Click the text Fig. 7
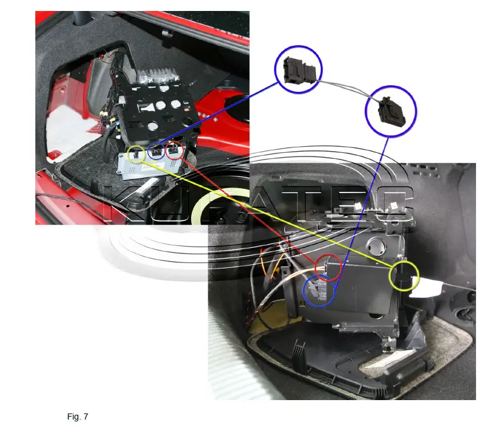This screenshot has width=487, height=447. click(x=78, y=417)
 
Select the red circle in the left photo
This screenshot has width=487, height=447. click(x=174, y=150)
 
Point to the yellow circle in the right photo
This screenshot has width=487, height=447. click(x=404, y=276)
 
